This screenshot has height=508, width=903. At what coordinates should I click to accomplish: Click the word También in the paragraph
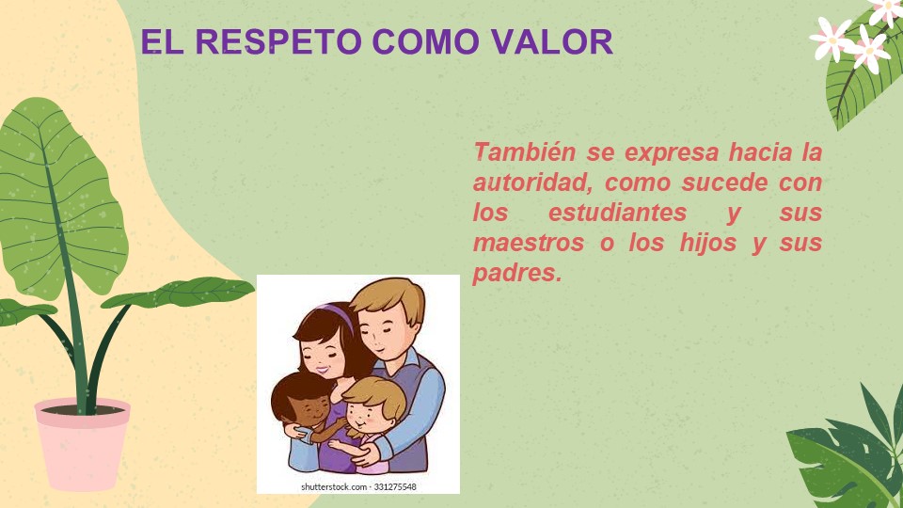524,152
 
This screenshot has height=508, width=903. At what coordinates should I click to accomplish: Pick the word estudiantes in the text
617,213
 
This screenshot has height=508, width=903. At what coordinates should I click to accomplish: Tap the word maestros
528,243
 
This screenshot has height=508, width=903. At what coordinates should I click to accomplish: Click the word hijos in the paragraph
707,243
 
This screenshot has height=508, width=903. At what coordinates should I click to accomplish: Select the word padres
516,273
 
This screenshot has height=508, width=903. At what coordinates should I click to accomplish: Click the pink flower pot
83,445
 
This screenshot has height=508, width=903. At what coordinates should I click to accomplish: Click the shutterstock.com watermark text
335,487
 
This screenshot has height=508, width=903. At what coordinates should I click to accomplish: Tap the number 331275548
395,487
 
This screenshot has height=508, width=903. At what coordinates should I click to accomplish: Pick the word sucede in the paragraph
725,183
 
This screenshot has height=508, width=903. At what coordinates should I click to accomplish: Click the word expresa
672,153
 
